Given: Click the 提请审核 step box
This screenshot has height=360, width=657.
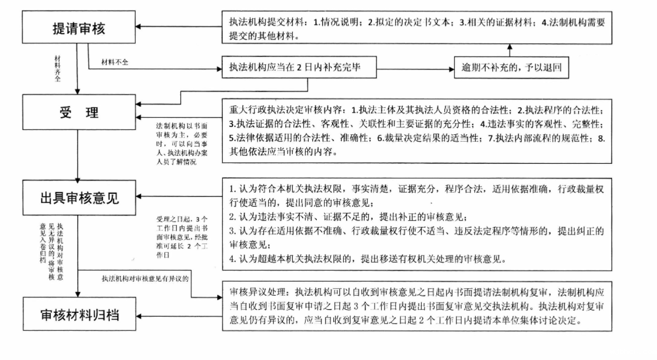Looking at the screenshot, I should [x=78, y=28].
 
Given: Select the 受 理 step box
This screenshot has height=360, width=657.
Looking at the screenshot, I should [x=78, y=113].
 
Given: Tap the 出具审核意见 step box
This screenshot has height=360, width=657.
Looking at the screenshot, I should [x=78, y=197].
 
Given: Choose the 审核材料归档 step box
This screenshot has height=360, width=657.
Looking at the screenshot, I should [x=78, y=314].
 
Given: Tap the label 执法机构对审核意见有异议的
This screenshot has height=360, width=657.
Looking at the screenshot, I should [x=145, y=279].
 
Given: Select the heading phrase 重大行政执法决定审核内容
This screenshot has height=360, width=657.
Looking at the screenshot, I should [x=288, y=110].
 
